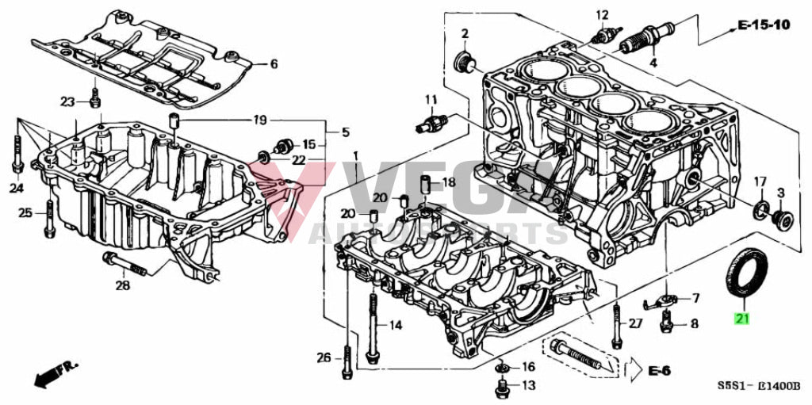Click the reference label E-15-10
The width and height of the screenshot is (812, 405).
coord(764,25)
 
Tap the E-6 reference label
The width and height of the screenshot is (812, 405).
coord(659,369)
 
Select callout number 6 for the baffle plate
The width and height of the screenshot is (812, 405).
coord(274,64)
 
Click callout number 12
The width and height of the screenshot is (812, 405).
coord(603,14)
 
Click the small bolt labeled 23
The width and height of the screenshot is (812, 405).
coord(95,98)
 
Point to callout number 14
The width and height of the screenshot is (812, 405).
coord(395,325)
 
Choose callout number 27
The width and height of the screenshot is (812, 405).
coord(635,323)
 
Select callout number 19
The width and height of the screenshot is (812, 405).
coord(259,120)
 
